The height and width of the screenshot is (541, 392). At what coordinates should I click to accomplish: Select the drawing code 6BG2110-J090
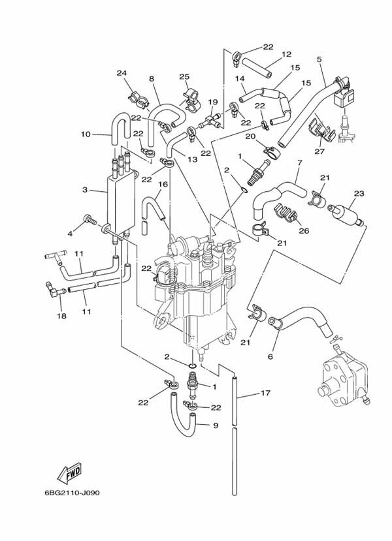[77, 493]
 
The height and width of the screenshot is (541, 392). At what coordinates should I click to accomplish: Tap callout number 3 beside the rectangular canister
[84, 190]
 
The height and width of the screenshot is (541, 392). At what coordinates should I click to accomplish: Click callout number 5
[319, 60]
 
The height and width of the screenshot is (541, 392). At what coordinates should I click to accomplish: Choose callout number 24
[121, 72]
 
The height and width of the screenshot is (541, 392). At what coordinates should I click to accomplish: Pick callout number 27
[319, 151]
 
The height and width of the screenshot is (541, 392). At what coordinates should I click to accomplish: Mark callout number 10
[85, 135]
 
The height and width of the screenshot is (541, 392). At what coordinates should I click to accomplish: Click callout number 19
[212, 102]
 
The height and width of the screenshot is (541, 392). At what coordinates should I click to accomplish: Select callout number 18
[61, 316]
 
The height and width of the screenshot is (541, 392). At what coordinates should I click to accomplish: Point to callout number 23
[357, 193]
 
